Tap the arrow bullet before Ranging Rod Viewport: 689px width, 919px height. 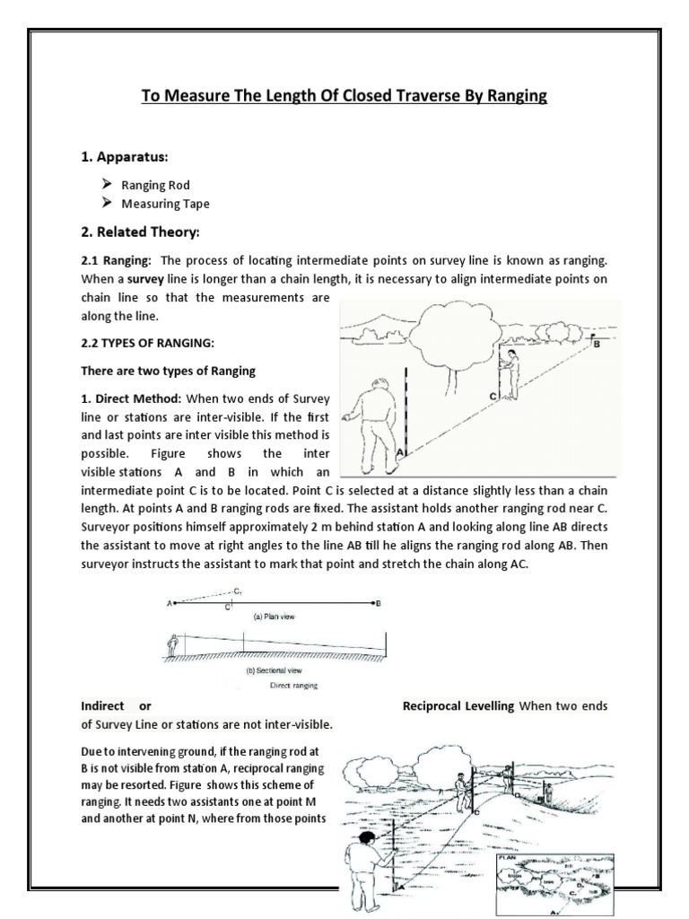106,185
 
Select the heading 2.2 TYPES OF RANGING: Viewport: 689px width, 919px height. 145,344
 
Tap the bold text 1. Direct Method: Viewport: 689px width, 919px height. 132,397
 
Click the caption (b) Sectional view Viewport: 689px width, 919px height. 269,670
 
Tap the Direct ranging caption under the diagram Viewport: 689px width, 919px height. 298,685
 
